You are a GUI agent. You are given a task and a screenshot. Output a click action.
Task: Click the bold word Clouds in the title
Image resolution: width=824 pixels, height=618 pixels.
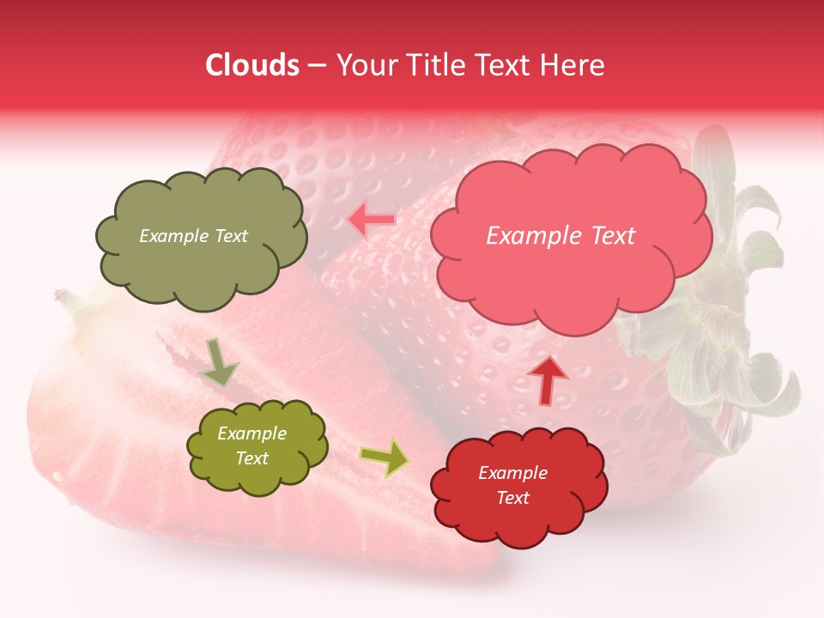pos(251,65)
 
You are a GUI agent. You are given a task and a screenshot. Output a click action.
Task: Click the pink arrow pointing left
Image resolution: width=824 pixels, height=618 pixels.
pos(372,220)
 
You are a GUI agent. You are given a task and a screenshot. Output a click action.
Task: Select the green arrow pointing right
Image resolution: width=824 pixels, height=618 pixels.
pos(384,457)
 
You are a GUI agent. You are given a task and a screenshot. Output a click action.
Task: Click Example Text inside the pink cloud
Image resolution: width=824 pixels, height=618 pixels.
pos(560,236)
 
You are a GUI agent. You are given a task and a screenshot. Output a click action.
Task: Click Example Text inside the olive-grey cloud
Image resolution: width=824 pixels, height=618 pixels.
pos(193,236)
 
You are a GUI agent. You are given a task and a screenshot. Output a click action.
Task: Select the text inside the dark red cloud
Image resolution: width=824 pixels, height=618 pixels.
pos(512,485)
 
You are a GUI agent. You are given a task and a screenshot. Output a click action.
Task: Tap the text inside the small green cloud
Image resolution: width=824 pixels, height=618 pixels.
pos(251,446)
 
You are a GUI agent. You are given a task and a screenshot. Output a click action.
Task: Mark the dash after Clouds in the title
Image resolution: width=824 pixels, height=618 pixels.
pos(316,65)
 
